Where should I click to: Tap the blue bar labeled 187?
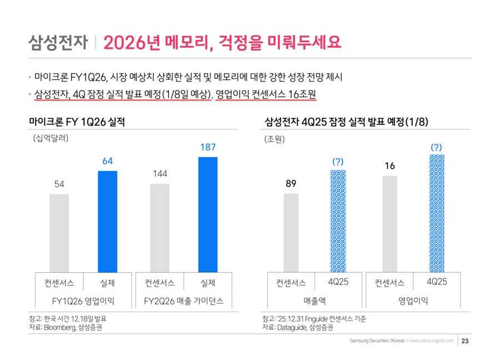208,214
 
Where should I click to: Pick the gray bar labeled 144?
160,227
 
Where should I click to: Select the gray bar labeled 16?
390,223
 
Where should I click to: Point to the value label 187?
208,147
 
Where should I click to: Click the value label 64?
107,161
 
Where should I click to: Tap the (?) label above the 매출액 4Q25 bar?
338,161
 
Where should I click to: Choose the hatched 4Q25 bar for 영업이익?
437,213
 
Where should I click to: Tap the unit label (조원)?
274,139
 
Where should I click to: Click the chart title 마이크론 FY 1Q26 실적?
77,121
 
